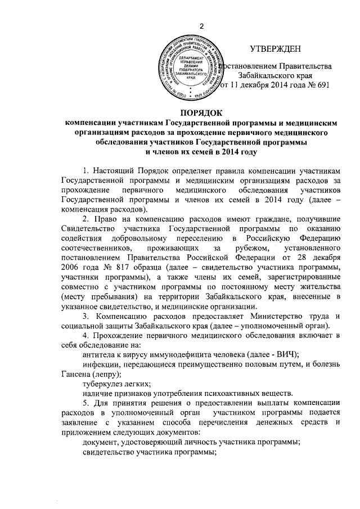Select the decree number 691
click(x=320, y=85)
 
